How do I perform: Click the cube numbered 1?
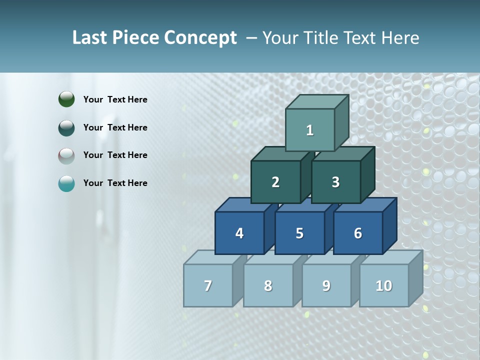tap(310, 130)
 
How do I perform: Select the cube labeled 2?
tap(275, 182)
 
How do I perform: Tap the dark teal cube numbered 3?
tap(335, 182)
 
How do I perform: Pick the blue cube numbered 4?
tap(239, 233)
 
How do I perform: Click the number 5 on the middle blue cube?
tap(299, 233)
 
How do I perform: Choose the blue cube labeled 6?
tap(358, 233)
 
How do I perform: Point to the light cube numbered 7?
tap(208, 285)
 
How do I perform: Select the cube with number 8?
tap(268, 285)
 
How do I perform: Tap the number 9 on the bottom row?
tap(326, 285)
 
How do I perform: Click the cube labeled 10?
tap(384, 285)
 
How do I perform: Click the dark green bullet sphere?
tap(66, 99)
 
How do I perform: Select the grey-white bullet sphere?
tap(66, 155)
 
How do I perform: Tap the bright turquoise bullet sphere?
tap(66, 183)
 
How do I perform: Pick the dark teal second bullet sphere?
tap(66, 127)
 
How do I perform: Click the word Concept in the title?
tap(200, 38)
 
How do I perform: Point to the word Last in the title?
tap(90, 38)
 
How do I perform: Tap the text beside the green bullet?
tap(115, 99)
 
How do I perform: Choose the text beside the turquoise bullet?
tap(115, 183)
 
